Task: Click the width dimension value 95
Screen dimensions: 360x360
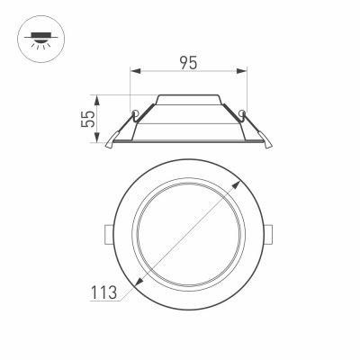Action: pos(188,64)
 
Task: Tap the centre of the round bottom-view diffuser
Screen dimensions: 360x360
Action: pos(189,232)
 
